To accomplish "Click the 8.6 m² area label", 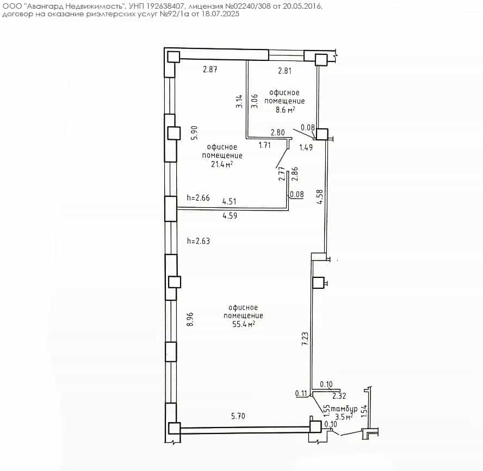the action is click(285, 109).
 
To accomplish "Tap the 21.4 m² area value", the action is click(222, 164).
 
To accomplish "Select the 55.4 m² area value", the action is click(244, 324).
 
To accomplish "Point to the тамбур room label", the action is click(344, 410).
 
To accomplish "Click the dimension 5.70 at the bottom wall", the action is click(238, 416).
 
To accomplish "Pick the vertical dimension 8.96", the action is click(190, 319).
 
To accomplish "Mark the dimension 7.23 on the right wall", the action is click(305, 338).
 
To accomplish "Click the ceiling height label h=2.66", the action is click(198, 197).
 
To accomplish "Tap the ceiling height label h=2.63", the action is click(199, 240).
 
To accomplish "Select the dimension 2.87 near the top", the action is click(210, 69).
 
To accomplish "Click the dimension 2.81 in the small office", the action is click(284, 71).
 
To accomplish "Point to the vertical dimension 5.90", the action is click(194, 133).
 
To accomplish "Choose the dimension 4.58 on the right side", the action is click(320, 196).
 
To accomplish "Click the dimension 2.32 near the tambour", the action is click(339, 395).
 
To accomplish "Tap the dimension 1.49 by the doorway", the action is click(306, 147).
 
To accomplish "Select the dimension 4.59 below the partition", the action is click(230, 215).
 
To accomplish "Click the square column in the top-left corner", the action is click(173, 57).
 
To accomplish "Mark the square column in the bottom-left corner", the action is click(175, 428).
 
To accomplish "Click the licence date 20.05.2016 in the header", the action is click(302, 6).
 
